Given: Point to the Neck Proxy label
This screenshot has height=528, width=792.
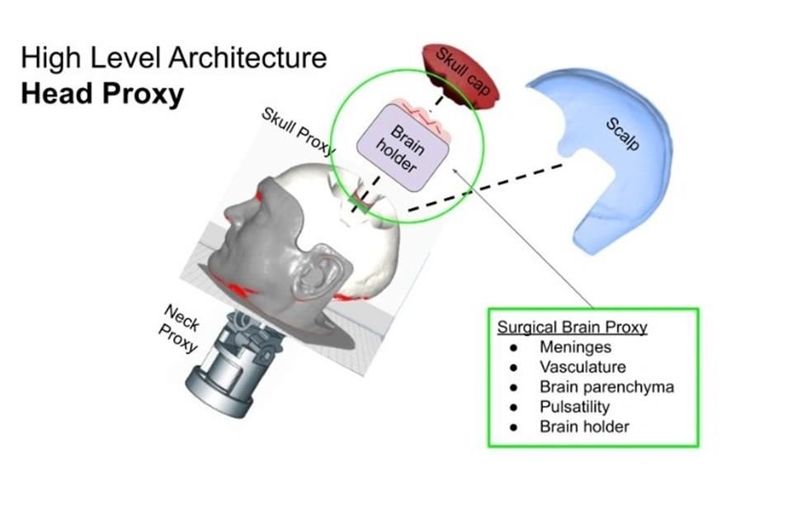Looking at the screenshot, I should tap(181, 327).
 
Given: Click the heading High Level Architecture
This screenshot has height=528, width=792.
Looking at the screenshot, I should tap(173, 59).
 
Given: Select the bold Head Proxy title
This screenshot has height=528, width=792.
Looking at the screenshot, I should tap(102, 94).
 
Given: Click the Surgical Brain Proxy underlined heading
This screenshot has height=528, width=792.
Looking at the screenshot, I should tap(572, 327).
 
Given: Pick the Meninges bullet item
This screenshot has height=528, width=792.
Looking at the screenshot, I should tap(575, 347).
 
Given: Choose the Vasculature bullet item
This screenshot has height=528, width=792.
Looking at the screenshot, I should tap(582, 367).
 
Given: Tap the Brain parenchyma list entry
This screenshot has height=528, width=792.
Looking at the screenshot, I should tap(606, 387).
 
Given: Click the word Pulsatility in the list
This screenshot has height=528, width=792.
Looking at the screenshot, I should tap(575, 407).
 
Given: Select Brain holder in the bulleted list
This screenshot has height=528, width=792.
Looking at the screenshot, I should tap(584, 427).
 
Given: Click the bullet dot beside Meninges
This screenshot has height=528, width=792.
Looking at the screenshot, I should tap(514, 347).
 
